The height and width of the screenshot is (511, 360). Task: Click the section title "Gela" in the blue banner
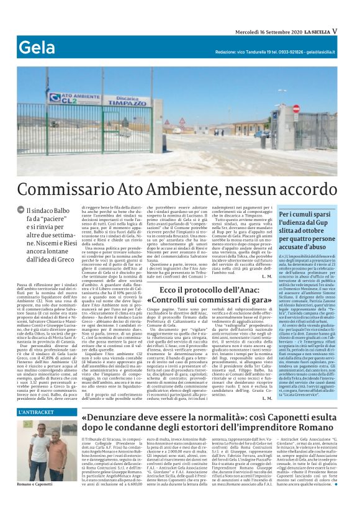[36, 47]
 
